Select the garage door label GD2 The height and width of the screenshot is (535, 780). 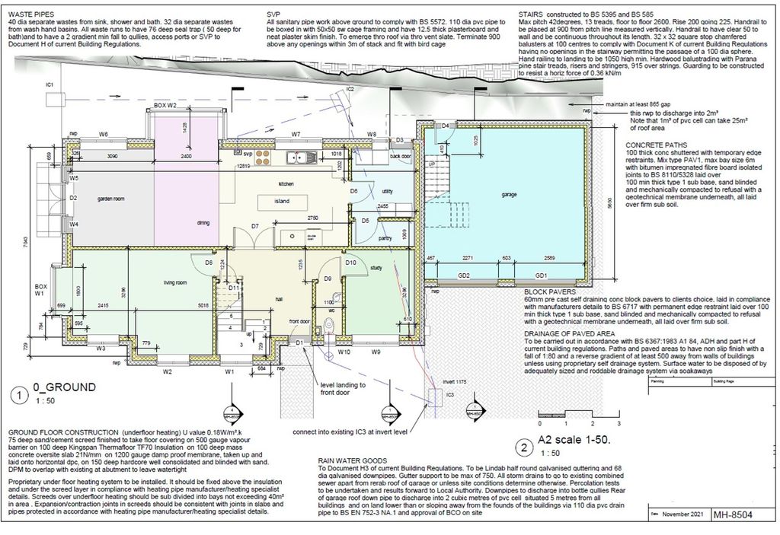pyautogui.click(x=463, y=275)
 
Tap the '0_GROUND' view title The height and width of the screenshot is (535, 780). pyautogui.click(x=68, y=387)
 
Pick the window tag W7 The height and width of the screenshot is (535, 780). pyautogui.click(x=296, y=135)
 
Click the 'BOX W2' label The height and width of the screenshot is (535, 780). pyautogui.click(x=165, y=104)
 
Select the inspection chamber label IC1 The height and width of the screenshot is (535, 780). pyautogui.click(x=50, y=84)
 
